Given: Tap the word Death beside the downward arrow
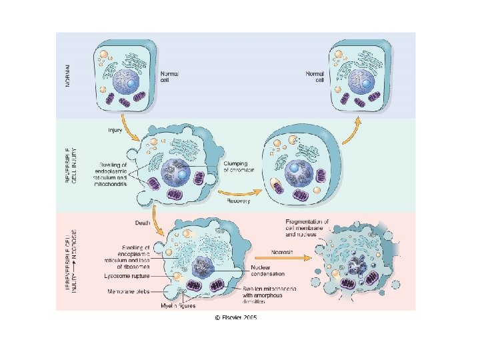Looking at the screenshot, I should tap(142, 222).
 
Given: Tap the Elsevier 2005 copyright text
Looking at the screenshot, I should tap(235, 318).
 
